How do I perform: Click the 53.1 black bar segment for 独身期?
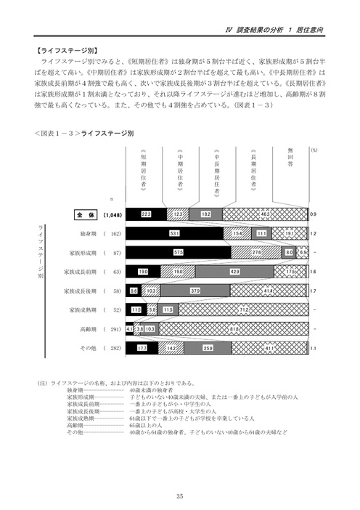point(174,234)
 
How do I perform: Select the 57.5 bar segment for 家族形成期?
point(179,253)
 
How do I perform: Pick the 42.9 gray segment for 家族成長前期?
point(234,272)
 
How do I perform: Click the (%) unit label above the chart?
point(314,148)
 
